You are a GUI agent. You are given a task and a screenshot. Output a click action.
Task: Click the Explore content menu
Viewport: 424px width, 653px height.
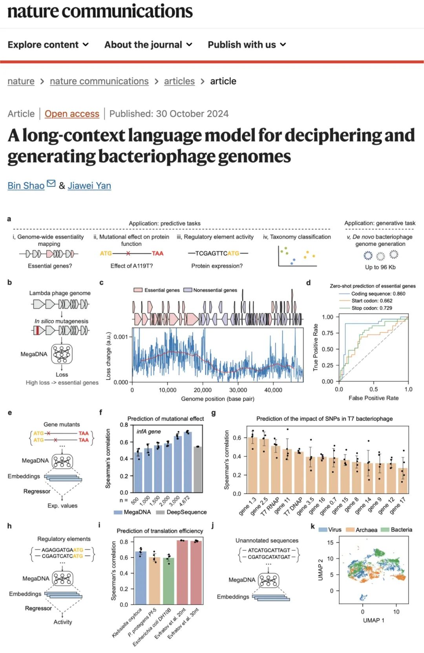pyautogui.click(x=48, y=45)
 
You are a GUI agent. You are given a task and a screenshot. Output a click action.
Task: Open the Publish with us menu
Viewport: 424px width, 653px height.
pyautogui.click(x=247, y=45)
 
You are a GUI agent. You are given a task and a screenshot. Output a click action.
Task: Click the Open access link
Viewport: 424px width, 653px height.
pyautogui.click(x=72, y=114)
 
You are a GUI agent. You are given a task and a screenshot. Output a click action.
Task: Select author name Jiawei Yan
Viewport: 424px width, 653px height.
pyautogui.click(x=89, y=186)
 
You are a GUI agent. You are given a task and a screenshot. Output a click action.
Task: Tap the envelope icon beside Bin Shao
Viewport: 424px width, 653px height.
pyautogui.click(x=51, y=183)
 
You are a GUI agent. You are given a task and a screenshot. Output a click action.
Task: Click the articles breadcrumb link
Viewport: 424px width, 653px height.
pyautogui.click(x=179, y=81)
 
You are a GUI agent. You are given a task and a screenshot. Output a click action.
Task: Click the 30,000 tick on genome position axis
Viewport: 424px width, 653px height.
pyautogui.click(x=238, y=390)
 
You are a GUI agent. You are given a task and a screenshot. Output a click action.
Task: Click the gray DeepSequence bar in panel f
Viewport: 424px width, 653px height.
pyautogui.click(x=198, y=469)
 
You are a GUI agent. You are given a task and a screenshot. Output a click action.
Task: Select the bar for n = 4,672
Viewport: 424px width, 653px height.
pyautogui.click(x=188, y=462)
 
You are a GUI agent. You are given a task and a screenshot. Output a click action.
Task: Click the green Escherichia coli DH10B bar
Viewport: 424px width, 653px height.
pyautogui.click(x=168, y=581)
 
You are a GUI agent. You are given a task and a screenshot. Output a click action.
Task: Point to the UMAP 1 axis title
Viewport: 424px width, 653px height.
pyautogui.click(x=373, y=620)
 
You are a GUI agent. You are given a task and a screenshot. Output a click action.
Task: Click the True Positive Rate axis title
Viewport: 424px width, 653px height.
pyautogui.click(x=315, y=347)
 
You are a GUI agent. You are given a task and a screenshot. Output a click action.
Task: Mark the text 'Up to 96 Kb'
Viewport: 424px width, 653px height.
pyautogui.click(x=380, y=267)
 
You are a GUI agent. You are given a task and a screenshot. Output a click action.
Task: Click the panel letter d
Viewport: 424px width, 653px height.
pyautogui.click(x=308, y=283)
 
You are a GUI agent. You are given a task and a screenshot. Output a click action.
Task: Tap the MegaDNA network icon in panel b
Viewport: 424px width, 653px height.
pyautogui.click(x=62, y=354)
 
